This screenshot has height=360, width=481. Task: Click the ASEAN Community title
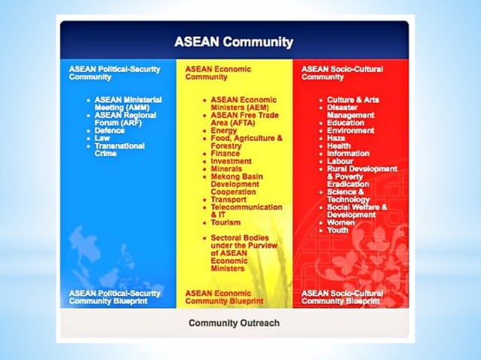pos(234,42)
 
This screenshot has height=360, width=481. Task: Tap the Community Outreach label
pos(234,323)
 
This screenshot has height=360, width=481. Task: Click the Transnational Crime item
pos(120,150)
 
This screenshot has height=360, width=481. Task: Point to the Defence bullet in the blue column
pos(109,130)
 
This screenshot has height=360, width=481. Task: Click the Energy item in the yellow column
pos(223,130)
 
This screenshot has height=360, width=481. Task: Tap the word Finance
pos(225,154)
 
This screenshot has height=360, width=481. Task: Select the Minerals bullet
pos(226,169)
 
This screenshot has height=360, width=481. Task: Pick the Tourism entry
pos(225,223)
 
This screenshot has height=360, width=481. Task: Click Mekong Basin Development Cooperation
pos(237,184)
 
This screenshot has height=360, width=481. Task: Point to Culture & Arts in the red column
pos(353,99)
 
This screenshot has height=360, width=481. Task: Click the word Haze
pos(336,139)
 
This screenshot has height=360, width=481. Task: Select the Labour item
pos(341,161)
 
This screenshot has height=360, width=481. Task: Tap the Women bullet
pos(341,223)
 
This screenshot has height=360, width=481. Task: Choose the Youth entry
pos(339,230)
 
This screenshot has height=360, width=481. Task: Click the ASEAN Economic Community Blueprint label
pos(224,297)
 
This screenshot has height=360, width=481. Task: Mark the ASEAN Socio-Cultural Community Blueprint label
pos(342,297)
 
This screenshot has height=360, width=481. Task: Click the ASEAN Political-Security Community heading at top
pos(115,73)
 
